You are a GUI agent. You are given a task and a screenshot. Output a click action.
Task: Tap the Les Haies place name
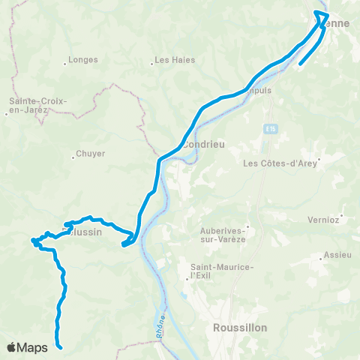click(x=174, y=60)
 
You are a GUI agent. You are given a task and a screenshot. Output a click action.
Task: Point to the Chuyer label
click(x=90, y=154)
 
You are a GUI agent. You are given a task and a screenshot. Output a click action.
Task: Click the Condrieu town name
click(x=199, y=144)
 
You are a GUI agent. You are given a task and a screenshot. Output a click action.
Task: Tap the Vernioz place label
click(x=324, y=220)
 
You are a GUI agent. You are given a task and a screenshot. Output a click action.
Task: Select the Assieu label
click(x=337, y=255)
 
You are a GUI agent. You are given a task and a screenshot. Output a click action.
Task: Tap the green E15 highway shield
click(x=271, y=130)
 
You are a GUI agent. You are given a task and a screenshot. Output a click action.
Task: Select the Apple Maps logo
click(x=28, y=347)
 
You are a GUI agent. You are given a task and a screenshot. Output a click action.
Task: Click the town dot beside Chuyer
click(x=73, y=157)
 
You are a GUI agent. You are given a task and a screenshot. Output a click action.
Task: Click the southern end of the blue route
click(x=59, y=346)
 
